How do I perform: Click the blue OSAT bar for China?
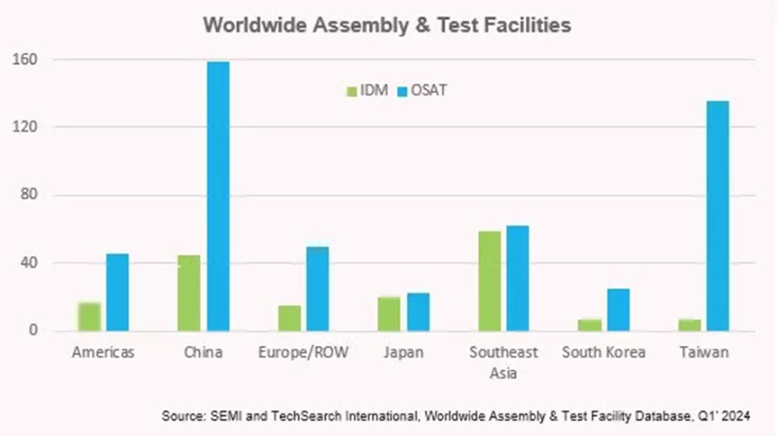tap(218, 196)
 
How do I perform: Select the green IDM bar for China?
tap(189, 293)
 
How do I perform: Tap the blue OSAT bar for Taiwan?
tap(718, 216)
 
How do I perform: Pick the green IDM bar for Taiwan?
tap(689, 325)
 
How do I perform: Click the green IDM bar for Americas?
tap(89, 317)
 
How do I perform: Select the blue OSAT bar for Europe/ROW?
tap(318, 288)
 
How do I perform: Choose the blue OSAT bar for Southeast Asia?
tap(518, 278)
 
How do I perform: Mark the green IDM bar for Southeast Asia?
tap(489, 281)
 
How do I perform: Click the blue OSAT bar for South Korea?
tap(618, 310)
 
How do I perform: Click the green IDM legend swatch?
tap(352, 90)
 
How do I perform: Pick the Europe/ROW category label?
tap(303, 352)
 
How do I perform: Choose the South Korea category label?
tap(603, 352)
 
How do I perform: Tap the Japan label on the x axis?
tap(403, 352)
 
